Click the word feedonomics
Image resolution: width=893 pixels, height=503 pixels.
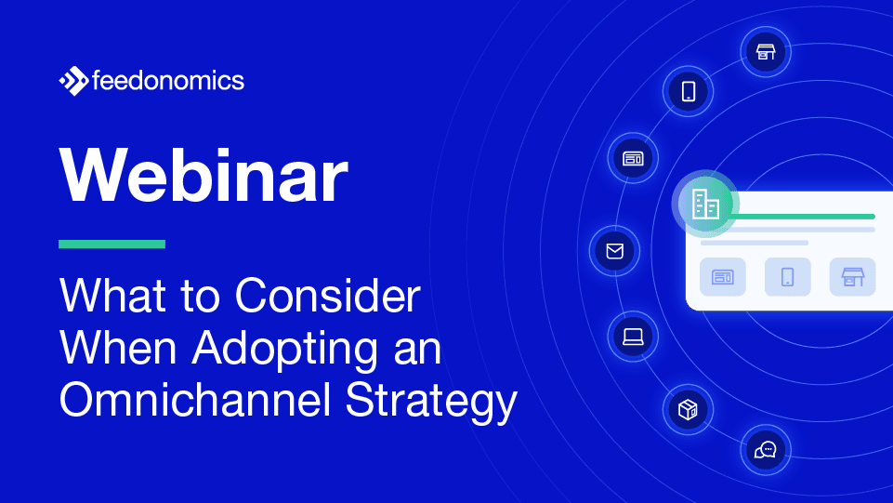[x=168, y=82]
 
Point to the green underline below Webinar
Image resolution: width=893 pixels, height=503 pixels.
[x=112, y=245]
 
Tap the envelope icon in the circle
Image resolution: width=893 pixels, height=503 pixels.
[x=613, y=251]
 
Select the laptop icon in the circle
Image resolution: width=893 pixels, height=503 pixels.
[x=633, y=336]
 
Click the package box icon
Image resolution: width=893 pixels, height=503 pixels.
[x=688, y=410]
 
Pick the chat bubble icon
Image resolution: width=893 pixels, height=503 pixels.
[x=765, y=451]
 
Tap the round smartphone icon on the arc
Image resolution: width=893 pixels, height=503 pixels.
[x=688, y=91]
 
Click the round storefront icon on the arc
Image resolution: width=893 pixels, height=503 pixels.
[x=765, y=51]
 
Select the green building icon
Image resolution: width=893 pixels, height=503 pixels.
[x=705, y=202]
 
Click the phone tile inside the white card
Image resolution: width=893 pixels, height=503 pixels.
[x=787, y=276]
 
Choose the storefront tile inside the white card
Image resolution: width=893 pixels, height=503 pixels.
[x=851, y=276]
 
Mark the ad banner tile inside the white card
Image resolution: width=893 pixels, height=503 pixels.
[x=722, y=276]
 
